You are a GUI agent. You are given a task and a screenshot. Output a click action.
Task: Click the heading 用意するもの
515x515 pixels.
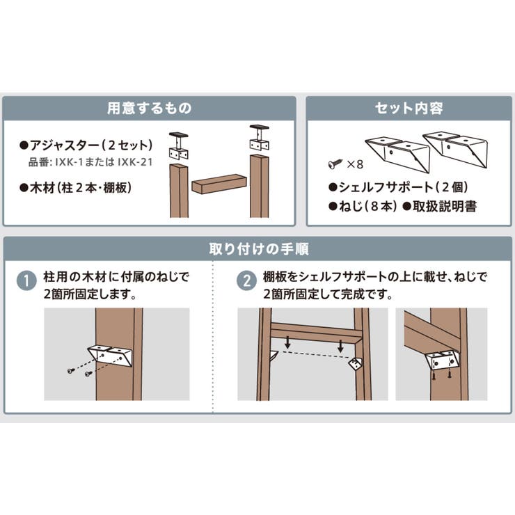point(150,108)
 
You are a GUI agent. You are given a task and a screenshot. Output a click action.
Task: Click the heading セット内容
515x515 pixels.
point(409,108)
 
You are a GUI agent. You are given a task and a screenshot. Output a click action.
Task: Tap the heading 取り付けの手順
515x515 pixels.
point(259,249)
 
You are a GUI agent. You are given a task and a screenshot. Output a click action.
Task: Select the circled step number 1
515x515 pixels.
point(26,281)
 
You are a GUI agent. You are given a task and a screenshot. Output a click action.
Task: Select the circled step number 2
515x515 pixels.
point(246,281)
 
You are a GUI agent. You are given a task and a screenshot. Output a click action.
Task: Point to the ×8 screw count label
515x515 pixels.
point(355,164)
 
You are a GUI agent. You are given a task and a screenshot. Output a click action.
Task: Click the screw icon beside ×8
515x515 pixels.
point(335,164)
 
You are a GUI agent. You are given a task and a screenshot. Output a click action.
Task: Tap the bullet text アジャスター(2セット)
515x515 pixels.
point(86,145)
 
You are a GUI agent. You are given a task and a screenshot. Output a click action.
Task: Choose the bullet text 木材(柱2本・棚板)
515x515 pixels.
point(76,188)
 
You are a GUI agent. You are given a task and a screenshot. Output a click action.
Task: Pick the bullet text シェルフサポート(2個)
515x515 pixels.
point(398,187)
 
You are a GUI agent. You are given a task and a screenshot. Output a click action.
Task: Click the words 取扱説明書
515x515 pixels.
point(445,206)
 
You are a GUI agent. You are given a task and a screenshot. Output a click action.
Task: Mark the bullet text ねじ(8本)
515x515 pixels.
point(363,206)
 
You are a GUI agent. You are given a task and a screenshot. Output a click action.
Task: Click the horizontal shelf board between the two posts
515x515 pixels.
point(219,184)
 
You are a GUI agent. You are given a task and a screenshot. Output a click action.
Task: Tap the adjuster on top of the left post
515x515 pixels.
point(179,145)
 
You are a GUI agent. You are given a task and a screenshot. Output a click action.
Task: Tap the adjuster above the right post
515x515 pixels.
point(260,138)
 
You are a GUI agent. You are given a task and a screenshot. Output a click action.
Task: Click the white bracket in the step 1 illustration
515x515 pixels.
point(110,356)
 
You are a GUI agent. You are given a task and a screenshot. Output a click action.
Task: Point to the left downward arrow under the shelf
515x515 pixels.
point(287,342)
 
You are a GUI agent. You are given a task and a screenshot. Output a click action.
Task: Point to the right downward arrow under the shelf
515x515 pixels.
point(340,345)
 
